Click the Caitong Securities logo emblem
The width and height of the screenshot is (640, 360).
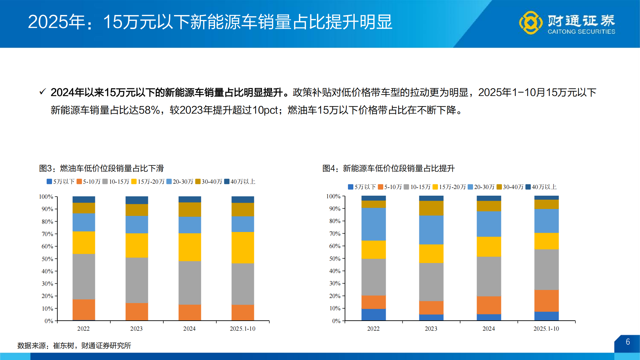pos(531,23)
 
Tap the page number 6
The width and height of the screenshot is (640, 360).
pos(628,342)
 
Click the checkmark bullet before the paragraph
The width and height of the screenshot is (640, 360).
pos(42,92)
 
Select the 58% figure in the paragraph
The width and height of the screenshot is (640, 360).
pos(149,110)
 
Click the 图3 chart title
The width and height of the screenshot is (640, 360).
pos(101,168)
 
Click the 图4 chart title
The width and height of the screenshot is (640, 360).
pos(388,168)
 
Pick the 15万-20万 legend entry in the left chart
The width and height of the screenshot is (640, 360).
pos(148,182)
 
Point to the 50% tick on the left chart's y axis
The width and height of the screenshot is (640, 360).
pos(47,259)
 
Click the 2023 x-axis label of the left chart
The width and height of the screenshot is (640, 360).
pos(136,329)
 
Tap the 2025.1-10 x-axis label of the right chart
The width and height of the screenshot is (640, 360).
pos(546,329)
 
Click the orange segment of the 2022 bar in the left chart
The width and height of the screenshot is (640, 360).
pos(84,310)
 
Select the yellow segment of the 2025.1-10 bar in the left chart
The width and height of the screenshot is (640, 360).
pos(243,248)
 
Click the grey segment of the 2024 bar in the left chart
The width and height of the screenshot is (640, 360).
pos(190,283)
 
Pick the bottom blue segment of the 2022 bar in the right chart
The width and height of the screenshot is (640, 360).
pos(373,315)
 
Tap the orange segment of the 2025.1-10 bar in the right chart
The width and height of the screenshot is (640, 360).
pos(546,301)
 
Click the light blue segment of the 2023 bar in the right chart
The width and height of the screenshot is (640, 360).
pos(431,230)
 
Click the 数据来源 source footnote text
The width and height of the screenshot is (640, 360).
pos(74,346)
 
